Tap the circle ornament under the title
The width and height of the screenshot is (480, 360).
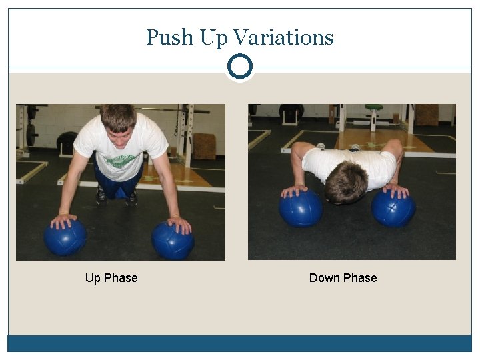click(x=239, y=67)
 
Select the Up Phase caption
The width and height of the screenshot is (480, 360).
click(x=111, y=278)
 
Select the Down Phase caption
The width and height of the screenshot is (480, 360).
click(x=343, y=278)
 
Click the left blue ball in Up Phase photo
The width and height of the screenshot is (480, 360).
click(x=65, y=237)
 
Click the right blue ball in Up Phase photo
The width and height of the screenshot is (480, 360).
click(x=172, y=240)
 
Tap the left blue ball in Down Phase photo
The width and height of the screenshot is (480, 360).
click(x=300, y=208)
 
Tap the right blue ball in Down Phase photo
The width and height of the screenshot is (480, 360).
click(x=393, y=208)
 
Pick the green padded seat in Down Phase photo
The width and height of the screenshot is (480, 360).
click(x=374, y=107)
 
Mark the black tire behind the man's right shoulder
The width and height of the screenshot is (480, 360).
click(x=67, y=141)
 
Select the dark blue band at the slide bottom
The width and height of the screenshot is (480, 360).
click(x=239, y=343)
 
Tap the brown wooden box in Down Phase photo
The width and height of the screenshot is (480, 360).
click(x=427, y=114)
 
